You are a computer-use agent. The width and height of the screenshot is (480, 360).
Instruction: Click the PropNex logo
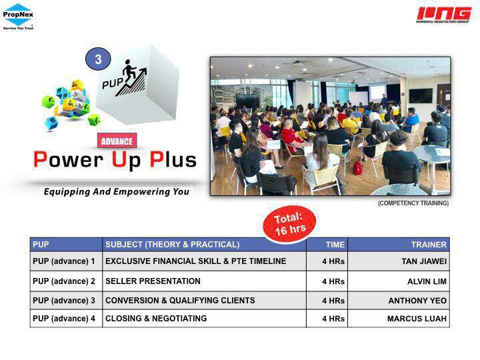[18, 17]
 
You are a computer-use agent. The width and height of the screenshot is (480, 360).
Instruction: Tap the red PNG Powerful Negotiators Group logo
[443, 15]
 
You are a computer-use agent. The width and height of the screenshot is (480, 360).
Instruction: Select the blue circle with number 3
[98, 59]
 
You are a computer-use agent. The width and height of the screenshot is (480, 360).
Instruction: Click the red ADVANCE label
[117, 141]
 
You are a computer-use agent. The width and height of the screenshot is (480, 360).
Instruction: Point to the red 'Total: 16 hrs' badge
[289, 225]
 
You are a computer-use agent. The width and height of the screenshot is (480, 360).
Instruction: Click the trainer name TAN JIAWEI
[424, 261]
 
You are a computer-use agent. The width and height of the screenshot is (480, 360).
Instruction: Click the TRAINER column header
[429, 245]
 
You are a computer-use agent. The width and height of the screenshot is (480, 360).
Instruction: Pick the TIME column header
[335, 245]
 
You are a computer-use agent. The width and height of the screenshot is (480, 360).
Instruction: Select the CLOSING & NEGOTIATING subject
[156, 319]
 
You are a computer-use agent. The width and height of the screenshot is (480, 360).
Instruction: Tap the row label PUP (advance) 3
[64, 301]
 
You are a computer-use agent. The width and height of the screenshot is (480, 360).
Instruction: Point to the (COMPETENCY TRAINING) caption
[413, 203]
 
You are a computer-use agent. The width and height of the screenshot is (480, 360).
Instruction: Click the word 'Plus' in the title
[173, 160]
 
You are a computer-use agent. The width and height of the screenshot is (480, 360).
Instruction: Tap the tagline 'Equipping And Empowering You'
[116, 191]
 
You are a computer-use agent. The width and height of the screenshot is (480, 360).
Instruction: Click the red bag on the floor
[357, 167]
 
